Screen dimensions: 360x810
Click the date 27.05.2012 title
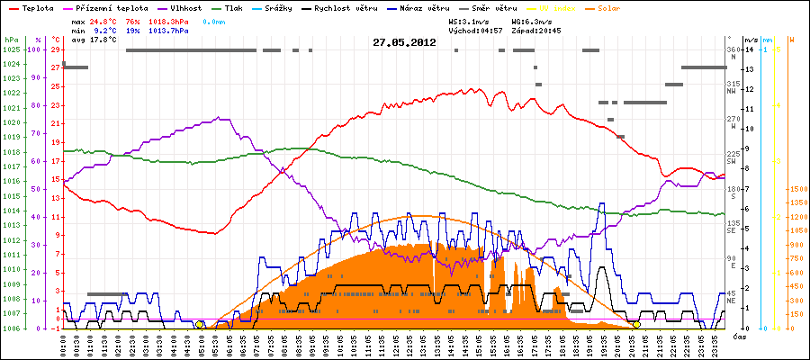coord(404,41)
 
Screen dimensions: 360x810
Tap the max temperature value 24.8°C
coord(104,20)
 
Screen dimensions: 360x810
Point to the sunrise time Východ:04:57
coord(477,30)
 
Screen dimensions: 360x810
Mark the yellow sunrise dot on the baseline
coord(199,324)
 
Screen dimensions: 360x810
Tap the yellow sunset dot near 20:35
coord(636,324)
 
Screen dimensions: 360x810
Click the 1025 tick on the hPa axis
coord(11,49)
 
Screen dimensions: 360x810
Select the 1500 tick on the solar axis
coord(797,189)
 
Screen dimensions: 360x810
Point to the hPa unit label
coord(10,40)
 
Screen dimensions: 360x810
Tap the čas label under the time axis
coord(738,337)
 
